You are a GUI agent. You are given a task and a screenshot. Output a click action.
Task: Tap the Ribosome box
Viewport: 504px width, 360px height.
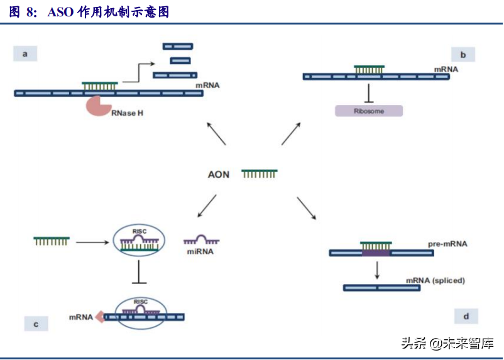(368, 110)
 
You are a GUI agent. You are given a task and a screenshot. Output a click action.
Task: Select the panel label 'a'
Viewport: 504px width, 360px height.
(26, 54)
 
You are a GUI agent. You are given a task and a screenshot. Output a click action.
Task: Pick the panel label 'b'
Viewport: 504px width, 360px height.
(463, 55)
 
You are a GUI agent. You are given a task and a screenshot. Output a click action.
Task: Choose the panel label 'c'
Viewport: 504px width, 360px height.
(36, 324)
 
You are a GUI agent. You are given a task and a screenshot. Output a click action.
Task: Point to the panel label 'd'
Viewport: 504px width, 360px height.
(465, 315)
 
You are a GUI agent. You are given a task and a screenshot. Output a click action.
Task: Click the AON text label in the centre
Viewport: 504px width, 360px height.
(219, 174)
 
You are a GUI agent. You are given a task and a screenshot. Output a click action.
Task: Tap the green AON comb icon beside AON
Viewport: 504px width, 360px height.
(260, 173)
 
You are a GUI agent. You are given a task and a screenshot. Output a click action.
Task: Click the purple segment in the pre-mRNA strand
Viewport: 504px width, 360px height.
(376, 253)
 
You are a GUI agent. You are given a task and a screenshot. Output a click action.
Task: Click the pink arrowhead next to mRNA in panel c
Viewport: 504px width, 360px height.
(99, 317)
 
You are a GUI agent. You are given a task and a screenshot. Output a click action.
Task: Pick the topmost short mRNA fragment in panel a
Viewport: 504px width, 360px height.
(178, 46)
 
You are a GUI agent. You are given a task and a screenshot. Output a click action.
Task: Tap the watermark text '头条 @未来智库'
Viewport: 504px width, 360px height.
(447, 343)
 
